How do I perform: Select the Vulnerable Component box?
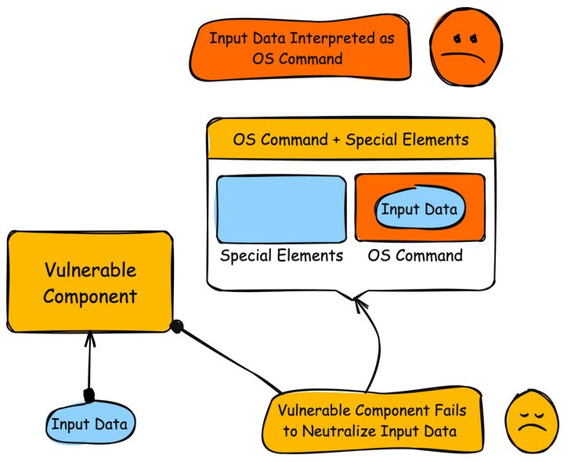pos(90,282)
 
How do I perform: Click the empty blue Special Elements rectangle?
pos(281,208)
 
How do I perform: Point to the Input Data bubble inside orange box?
pos(419,209)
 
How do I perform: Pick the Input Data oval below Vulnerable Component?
pos(90,424)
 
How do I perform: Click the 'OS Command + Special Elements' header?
pos(351,140)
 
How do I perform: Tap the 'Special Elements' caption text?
pos(281,255)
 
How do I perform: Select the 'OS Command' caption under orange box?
pos(415,255)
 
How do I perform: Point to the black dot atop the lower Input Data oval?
pos(89,394)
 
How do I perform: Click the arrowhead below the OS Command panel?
pos(360,301)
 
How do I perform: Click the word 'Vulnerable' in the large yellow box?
pos(90,271)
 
